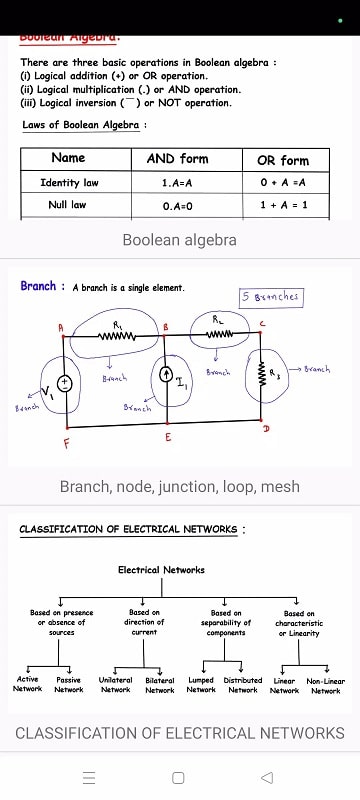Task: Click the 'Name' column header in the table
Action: pyautogui.click(x=68, y=159)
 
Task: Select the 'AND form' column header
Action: pyautogui.click(x=177, y=159)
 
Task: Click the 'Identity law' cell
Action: pyautogui.click(x=69, y=183)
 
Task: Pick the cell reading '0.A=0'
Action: pyautogui.click(x=177, y=205)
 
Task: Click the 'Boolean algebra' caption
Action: pyautogui.click(x=179, y=240)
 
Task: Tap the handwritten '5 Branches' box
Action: pyautogui.click(x=269, y=297)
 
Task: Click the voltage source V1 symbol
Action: pyautogui.click(x=64, y=383)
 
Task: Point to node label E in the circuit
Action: pyautogui.click(x=167, y=438)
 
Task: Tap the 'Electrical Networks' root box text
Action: pyautogui.click(x=161, y=570)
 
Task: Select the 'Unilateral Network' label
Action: pyautogui.click(x=115, y=685)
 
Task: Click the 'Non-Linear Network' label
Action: pyautogui.click(x=325, y=685)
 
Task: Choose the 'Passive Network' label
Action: pyautogui.click(x=68, y=685)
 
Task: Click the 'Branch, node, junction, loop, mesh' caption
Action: pyautogui.click(x=179, y=487)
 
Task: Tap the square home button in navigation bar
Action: pyautogui.click(x=178, y=777)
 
